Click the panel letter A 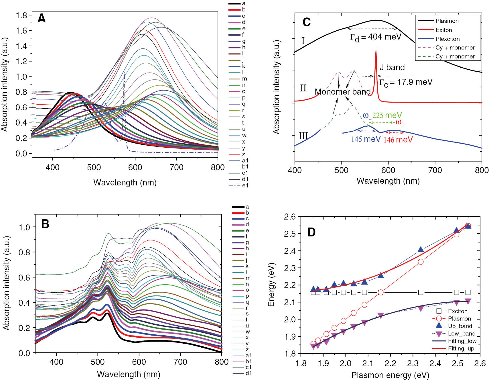tap(42, 19)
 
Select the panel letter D tap(311, 232)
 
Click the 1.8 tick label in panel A tap(22, 15)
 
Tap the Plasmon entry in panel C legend tap(447, 21)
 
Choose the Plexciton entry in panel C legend tap(447, 39)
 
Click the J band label tap(392, 67)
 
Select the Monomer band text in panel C tap(342, 92)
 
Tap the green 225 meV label tap(387, 115)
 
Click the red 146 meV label tap(398, 140)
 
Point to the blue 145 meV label tap(366, 139)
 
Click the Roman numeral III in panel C tap(303, 136)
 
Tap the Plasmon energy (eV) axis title tap(390, 375)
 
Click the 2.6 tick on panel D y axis tap(290, 217)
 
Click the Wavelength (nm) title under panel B tap(128, 374)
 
